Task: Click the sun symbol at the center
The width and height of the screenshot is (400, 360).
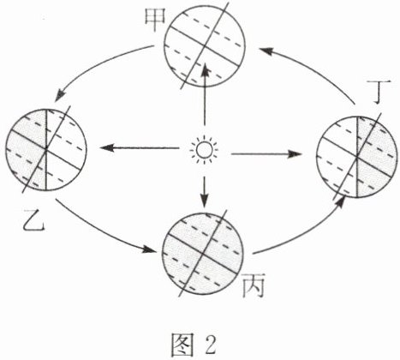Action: click(205, 150)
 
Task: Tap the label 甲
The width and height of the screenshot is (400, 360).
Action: click(155, 20)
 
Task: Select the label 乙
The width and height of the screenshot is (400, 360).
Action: click(33, 220)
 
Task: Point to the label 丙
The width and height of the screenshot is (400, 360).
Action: click(254, 285)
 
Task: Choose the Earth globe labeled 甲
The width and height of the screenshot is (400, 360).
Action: click(205, 45)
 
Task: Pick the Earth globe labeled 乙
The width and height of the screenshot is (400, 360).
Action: click(46, 149)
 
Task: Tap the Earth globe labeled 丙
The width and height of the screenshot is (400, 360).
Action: click(203, 253)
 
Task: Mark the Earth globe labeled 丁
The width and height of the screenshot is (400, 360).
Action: click(357, 156)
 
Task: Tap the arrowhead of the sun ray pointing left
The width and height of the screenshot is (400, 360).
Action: click(106, 148)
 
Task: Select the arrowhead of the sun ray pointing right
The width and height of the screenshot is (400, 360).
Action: click(294, 154)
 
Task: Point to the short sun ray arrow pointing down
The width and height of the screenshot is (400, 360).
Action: click(204, 192)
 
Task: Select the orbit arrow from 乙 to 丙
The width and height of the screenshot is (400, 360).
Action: click(99, 232)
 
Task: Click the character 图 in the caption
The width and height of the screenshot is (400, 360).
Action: click(182, 345)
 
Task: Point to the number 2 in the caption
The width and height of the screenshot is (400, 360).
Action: click(211, 345)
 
